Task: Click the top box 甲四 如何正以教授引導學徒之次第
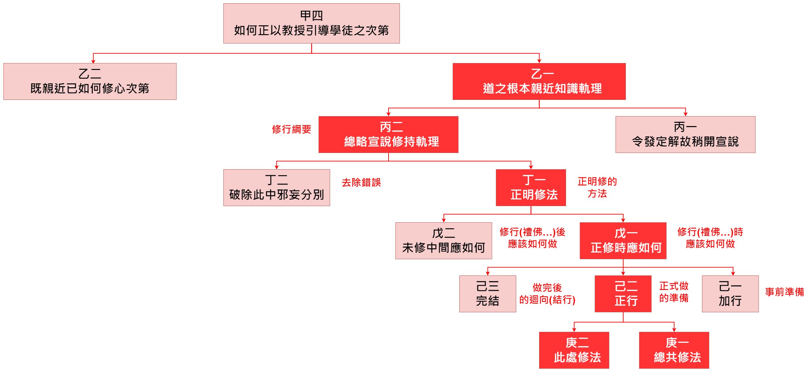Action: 311,23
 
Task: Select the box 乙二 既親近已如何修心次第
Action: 90,81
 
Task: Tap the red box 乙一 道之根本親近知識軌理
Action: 539,81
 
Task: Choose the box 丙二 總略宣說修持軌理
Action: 388,134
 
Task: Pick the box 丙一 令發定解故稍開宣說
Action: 685,134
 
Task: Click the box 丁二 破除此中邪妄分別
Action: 277,187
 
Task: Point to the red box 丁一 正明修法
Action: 531,187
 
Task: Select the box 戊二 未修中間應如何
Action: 443,241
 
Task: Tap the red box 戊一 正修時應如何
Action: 623,241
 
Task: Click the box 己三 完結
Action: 488,294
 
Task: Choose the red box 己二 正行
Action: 623,294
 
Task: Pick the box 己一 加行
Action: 730,294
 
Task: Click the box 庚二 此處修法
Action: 574,350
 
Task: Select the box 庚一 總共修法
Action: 674,350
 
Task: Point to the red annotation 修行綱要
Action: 291,129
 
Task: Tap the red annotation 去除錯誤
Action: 361,183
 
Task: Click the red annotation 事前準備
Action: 784,292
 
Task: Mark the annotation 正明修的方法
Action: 597,187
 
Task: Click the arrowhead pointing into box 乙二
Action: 93,61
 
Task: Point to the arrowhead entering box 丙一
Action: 685,114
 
